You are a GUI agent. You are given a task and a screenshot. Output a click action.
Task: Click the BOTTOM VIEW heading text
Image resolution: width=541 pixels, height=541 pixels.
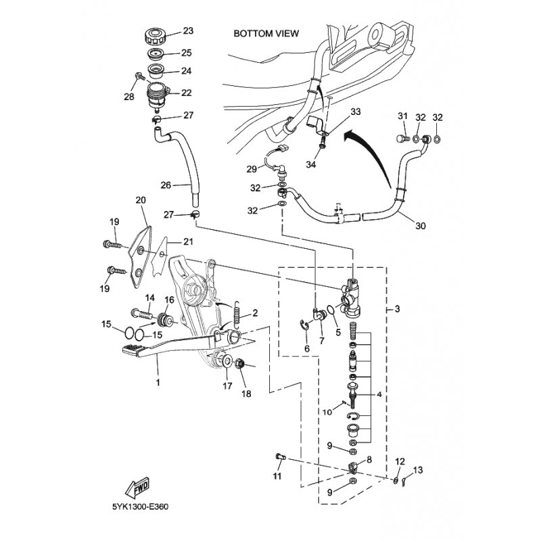coord(266,33)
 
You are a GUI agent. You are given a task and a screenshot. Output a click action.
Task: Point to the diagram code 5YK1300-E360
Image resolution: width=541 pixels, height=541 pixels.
coord(141,524)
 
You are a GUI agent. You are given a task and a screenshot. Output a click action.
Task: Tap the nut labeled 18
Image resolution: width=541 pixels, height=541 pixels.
coord(239,365)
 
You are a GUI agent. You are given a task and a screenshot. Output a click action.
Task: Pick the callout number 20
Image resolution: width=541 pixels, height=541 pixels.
coord(141,200)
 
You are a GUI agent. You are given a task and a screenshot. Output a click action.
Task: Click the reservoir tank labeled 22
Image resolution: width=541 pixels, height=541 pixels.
coord(157,94)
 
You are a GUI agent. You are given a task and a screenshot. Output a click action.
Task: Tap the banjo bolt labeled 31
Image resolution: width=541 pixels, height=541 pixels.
coord(402,139)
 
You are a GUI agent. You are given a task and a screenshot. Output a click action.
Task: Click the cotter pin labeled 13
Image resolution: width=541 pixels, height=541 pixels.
coord(404,482)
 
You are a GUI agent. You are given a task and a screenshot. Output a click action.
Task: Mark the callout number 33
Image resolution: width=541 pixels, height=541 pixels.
coord(356,112)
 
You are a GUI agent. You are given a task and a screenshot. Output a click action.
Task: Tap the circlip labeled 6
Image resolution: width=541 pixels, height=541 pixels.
coord(306,329)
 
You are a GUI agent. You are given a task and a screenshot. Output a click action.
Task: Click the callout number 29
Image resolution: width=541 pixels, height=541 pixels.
coord(252,168)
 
